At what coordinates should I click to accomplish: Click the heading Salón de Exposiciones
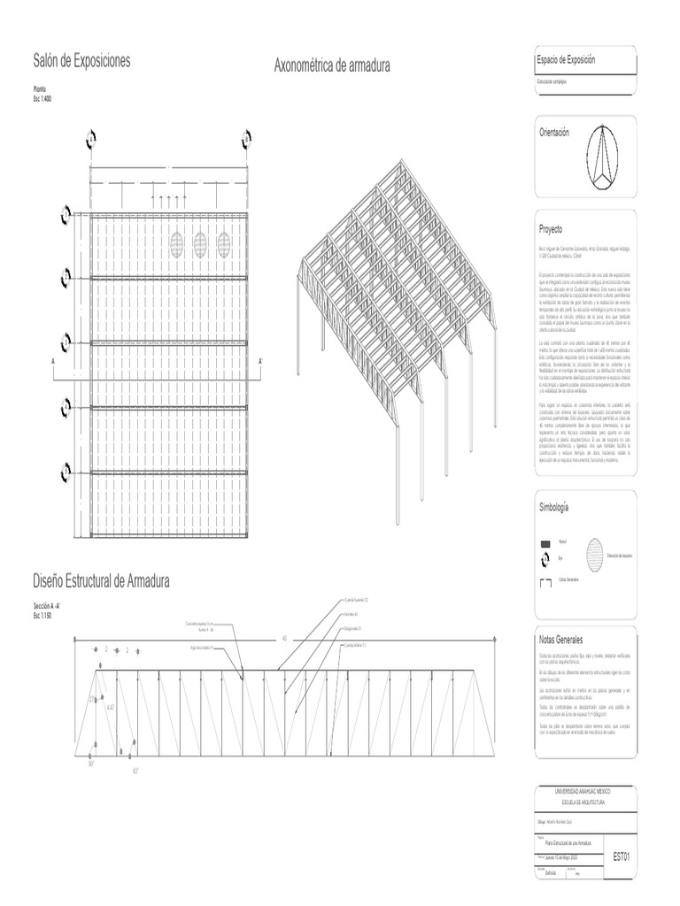(x=81, y=61)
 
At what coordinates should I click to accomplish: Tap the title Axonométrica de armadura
(x=332, y=65)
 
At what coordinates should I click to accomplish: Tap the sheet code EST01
(x=621, y=857)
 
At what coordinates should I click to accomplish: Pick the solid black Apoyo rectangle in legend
(x=545, y=543)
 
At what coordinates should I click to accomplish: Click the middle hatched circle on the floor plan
(x=200, y=242)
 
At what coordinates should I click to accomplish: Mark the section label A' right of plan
(x=260, y=362)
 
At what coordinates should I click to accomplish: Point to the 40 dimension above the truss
(x=284, y=638)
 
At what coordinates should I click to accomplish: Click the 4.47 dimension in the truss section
(x=111, y=709)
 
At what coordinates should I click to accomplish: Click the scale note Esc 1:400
(x=42, y=97)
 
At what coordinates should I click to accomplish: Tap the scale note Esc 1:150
(x=43, y=615)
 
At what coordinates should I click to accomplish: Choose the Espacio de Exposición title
(x=566, y=59)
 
